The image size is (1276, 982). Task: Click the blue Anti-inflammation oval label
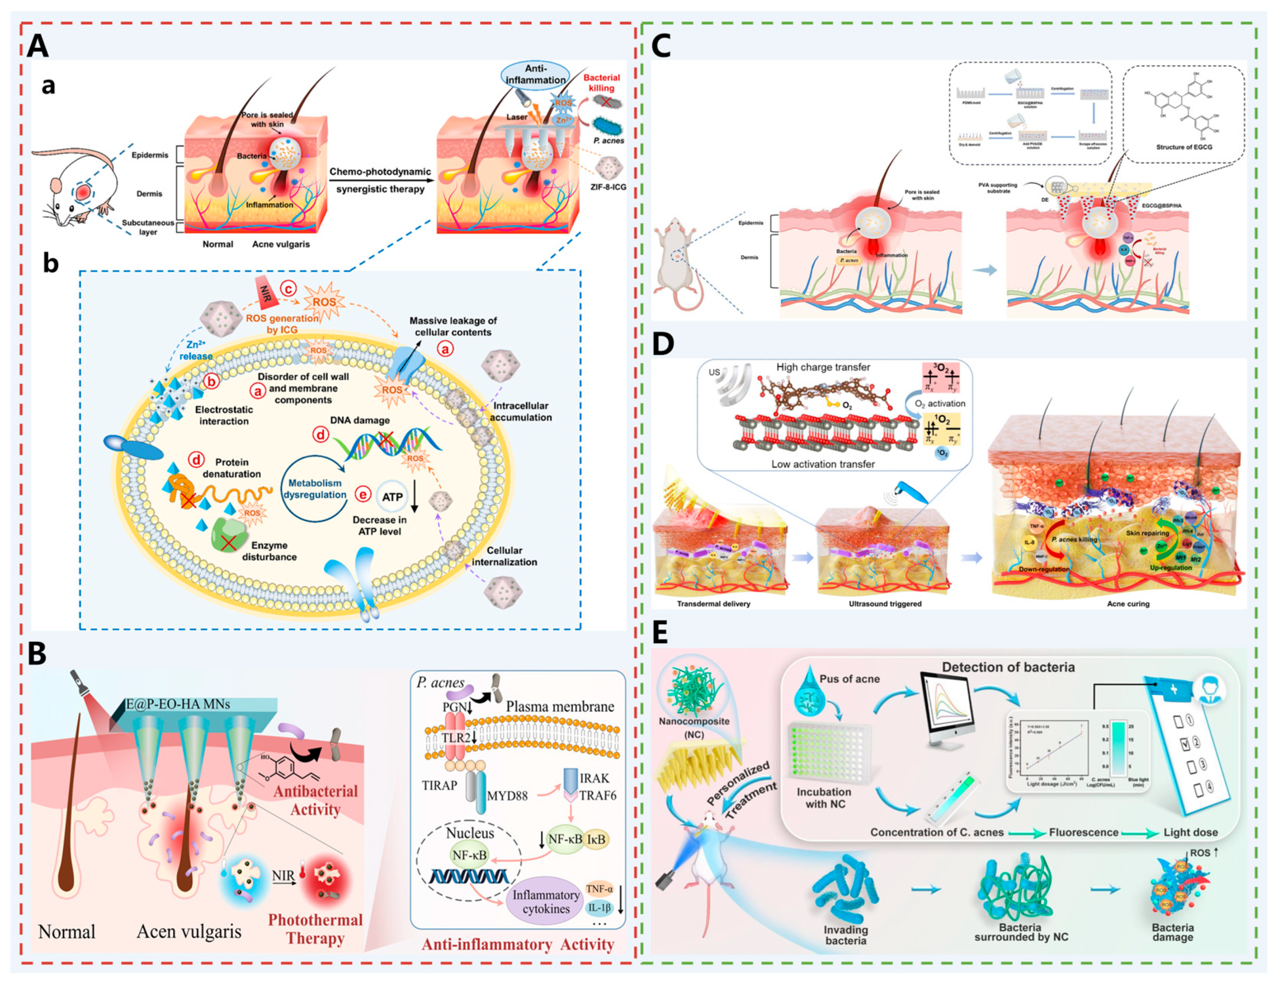pos(535,75)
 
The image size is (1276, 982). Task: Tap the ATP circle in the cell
pos(392,496)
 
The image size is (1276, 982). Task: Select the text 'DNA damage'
pos(360,420)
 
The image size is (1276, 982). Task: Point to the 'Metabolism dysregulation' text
pos(315,489)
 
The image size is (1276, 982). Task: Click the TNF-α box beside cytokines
pos(599,889)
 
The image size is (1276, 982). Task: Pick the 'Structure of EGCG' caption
pos(1184,147)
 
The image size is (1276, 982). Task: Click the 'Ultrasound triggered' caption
pos(885,604)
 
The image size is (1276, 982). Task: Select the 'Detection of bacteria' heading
pos(1008,667)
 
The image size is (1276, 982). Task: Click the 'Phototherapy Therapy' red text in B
pos(315,929)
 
